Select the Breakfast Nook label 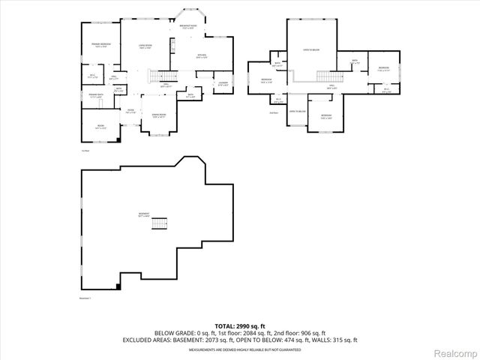(188, 26)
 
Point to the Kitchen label (202, 56)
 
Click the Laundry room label (223, 84)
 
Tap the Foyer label (130, 112)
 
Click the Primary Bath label (94, 95)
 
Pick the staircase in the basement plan (158, 223)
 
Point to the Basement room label (143, 215)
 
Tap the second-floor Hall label (331, 86)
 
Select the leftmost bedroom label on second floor (266, 81)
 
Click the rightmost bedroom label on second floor (383, 69)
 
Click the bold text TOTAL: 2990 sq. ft (240, 326)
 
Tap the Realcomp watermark (454, 352)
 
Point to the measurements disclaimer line (240, 349)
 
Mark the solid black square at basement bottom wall (119, 286)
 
